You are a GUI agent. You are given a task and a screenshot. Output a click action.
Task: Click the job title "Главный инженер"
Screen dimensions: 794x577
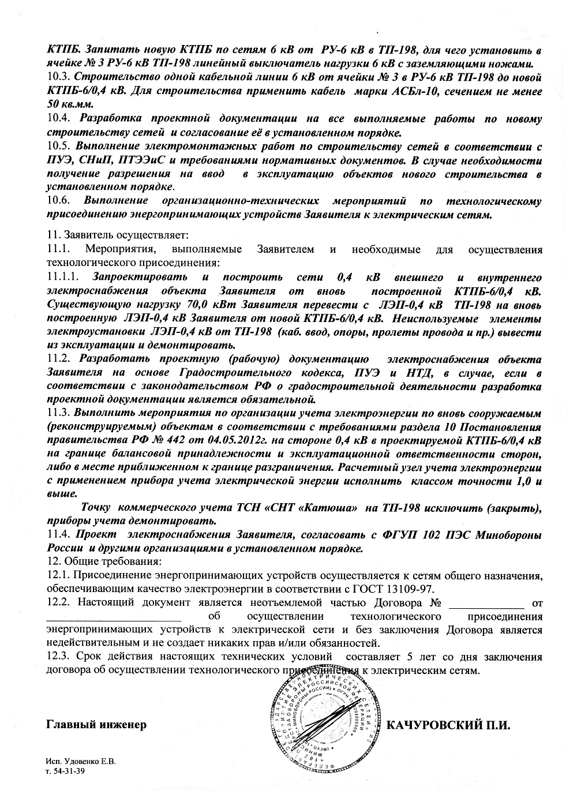tap(96, 724)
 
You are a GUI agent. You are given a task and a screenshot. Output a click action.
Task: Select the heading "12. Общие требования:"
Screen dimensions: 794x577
tap(104, 561)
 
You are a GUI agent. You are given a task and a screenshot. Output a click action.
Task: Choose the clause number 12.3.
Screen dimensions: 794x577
tap(58, 657)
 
